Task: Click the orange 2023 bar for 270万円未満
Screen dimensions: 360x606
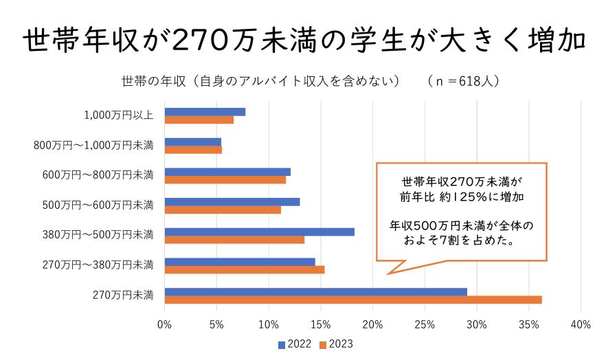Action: pyautogui.click(x=353, y=300)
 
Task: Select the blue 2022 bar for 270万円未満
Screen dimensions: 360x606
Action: pyautogui.click(x=316, y=292)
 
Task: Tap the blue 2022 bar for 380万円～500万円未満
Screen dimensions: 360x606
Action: pyautogui.click(x=260, y=232)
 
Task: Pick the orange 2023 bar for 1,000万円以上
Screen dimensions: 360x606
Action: pyautogui.click(x=199, y=120)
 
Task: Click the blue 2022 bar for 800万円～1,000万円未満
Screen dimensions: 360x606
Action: pyautogui.click(x=193, y=142)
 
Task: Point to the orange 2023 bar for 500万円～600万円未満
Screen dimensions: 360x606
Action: pyautogui.click(x=223, y=210)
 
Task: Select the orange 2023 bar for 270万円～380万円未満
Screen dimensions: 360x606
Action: pyautogui.click(x=245, y=269)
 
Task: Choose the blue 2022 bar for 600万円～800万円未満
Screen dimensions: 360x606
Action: pyautogui.click(x=227, y=172)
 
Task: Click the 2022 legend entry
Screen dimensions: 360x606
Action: pyautogui.click(x=295, y=344)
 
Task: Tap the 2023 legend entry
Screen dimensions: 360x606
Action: pyautogui.click(x=337, y=344)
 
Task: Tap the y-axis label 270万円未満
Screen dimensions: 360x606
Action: pyautogui.click(x=124, y=295)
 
